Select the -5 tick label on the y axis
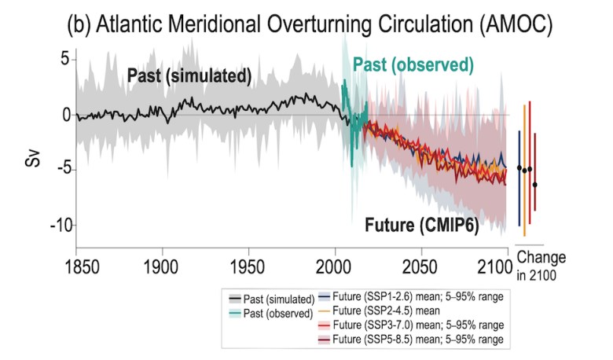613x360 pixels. click(x=61, y=169)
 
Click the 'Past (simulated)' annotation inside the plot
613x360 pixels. click(x=189, y=76)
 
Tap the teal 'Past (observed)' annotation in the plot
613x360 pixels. click(x=413, y=63)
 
